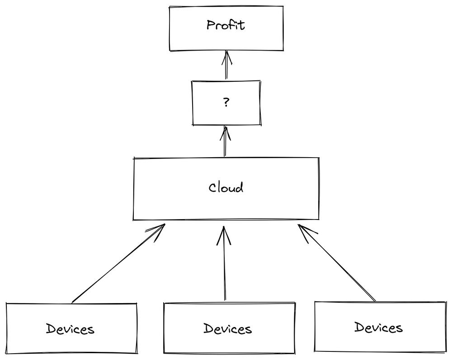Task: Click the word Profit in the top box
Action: pyautogui.click(x=226, y=25)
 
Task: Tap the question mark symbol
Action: pyautogui.click(x=226, y=103)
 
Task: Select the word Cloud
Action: pyautogui.click(x=226, y=187)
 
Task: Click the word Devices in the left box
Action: pyautogui.click(x=70, y=328)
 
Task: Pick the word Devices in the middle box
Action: pyautogui.click(x=227, y=328)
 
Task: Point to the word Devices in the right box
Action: pyautogui.click(x=378, y=327)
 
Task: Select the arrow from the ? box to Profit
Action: pyautogui.click(x=226, y=65)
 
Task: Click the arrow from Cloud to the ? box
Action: pyautogui.click(x=225, y=142)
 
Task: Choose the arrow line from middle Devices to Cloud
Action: pyautogui.click(x=224, y=266)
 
